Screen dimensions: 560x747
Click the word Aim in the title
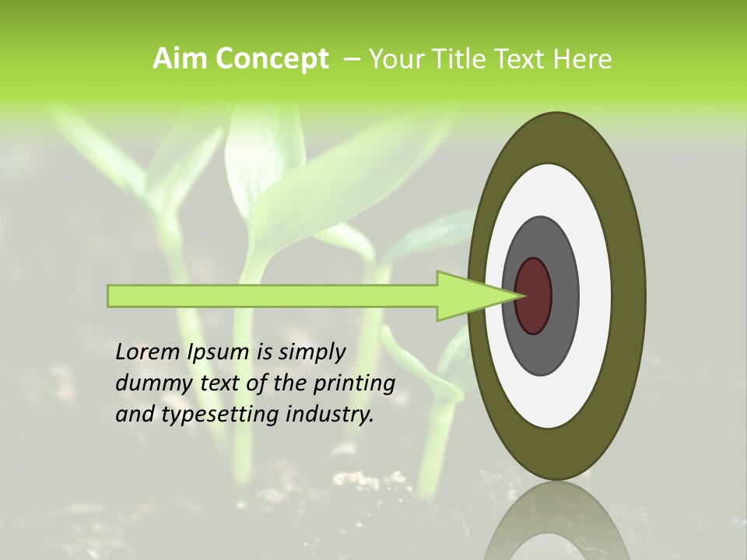(x=181, y=59)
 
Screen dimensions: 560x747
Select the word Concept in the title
(x=272, y=59)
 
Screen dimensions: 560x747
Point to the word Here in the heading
(x=584, y=59)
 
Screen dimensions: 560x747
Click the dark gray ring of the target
(x=562, y=296)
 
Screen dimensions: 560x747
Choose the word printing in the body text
(x=355, y=383)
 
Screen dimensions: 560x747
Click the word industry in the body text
(x=330, y=415)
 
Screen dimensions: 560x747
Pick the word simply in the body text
(x=311, y=352)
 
